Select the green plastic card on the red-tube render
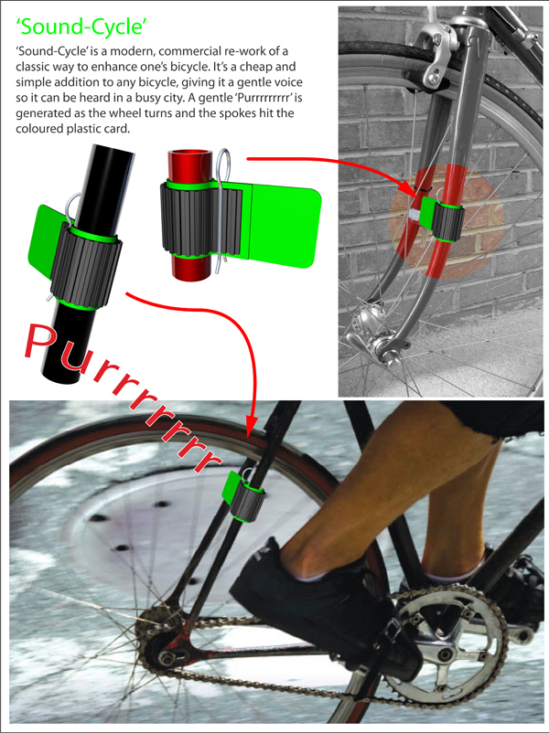pos(281,226)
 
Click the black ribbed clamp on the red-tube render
pos(201,219)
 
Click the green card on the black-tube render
pos(47,243)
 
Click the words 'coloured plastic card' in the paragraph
pos(71,129)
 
